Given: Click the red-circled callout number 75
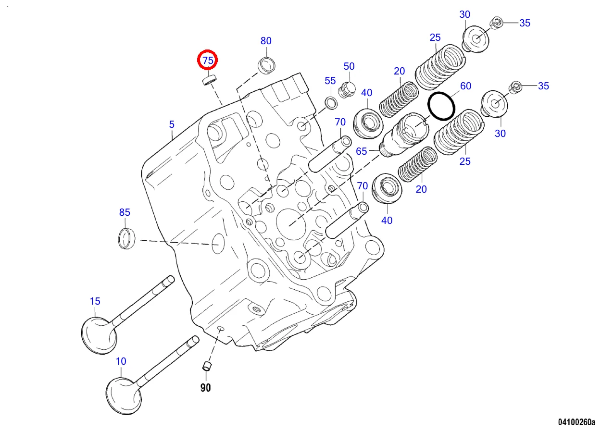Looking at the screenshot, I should click(208, 61).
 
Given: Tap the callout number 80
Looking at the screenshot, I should click(266, 41).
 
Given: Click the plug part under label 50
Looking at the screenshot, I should click(347, 89).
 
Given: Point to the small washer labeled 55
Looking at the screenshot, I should click(330, 102).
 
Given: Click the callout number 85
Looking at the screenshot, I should click(125, 212).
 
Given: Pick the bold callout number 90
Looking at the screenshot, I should click(205, 388).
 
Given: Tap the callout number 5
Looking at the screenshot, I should click(172, 124).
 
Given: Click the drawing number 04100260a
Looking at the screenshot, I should click(576, 422).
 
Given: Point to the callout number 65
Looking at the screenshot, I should click(362, 151).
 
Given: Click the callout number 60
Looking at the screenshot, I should click(465, 86).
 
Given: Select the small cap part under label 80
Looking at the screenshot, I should click(267, 64).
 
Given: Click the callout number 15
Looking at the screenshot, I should click(95, 301).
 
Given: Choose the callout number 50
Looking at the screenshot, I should click(349, 66).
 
